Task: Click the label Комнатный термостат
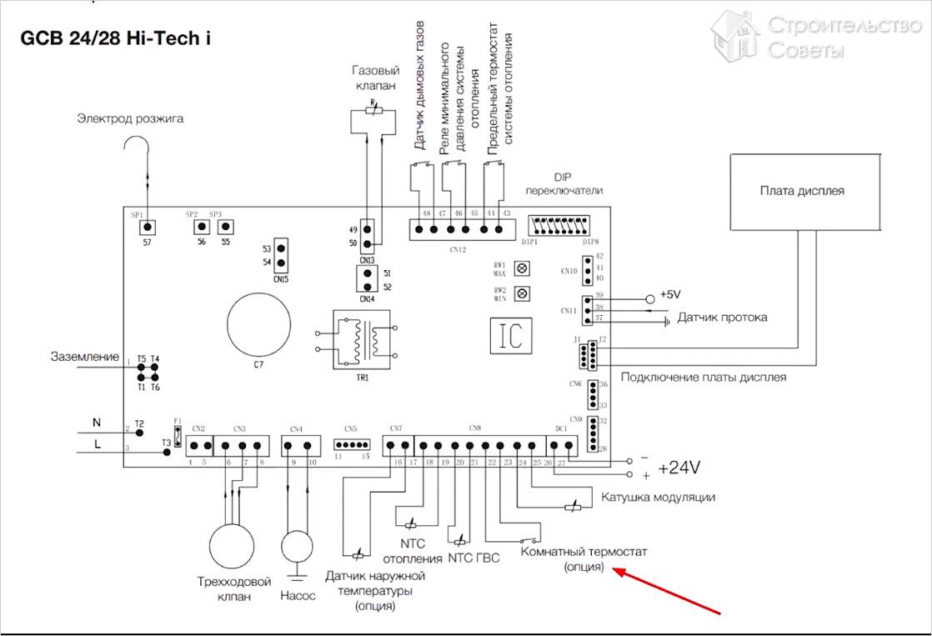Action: tap(584, 552)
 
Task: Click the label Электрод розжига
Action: tap(130, 118)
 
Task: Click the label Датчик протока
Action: tap(722, 318)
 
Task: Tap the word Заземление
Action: tap(85, 357)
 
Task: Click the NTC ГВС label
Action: tap(474, 558)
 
